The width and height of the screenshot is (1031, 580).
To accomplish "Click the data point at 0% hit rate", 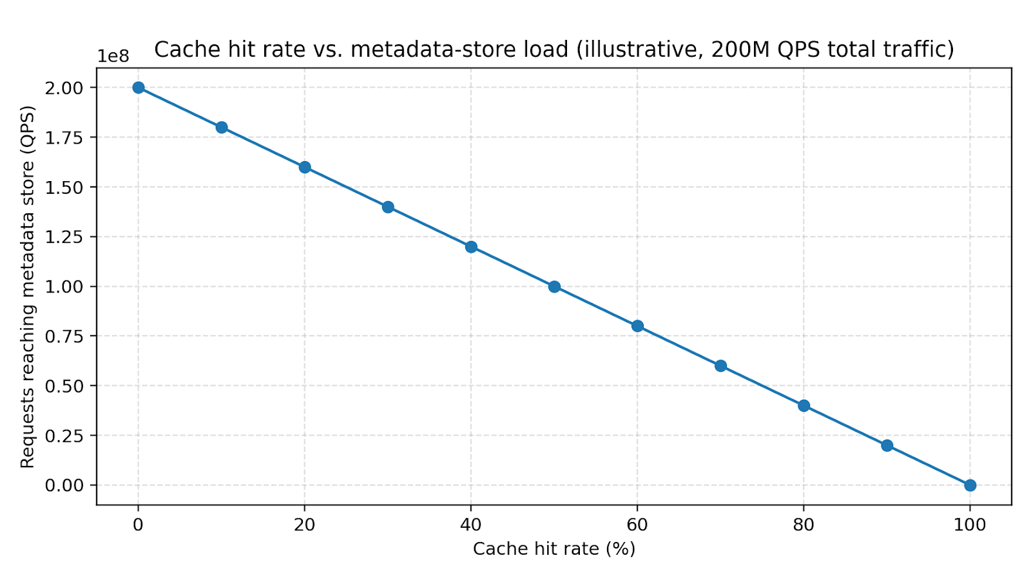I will [138, 88].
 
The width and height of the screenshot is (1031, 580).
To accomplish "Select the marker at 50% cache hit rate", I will [554, 287].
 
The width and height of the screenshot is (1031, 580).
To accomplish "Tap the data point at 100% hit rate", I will [970, 485].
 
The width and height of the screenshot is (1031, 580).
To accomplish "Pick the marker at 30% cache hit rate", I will [388, 207].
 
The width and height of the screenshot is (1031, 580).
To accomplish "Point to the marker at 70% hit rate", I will [720, 366].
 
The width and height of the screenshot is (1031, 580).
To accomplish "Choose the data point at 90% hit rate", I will [887, 445].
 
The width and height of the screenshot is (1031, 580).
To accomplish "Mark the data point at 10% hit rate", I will [221, 128].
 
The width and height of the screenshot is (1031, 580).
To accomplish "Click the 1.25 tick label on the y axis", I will [64, 237].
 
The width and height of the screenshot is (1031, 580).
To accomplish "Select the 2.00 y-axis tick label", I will [64, 88].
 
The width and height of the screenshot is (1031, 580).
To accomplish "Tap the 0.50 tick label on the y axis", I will [64, 386].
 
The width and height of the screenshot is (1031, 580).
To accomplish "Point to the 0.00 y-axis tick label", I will [64, 485].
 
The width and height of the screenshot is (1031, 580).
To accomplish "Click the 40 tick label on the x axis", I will [471, 525].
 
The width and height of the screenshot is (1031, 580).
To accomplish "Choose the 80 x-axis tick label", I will [804, 525].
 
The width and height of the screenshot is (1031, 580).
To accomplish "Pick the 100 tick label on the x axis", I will [970, 525].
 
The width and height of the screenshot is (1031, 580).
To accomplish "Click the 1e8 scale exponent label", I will [113, 57].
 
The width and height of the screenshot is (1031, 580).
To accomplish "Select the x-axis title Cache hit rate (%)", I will [554, 549].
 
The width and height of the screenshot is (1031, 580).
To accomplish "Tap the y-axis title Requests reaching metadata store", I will [27, 287].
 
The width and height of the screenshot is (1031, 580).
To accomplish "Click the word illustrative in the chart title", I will [637, 50].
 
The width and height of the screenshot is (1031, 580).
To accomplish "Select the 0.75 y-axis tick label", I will [64, 336].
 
